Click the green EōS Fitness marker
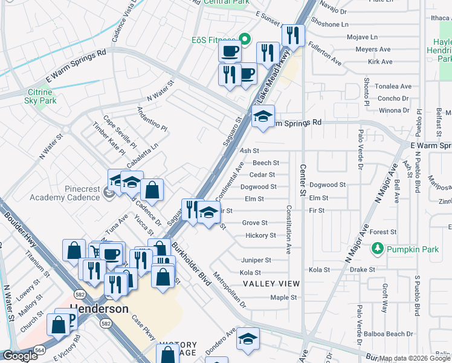coord(245,40)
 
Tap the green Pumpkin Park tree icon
coord(377,248)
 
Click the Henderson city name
coord(99,309)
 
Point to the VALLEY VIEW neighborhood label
coord(271,284)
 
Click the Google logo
coord(20,356)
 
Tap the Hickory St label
coord(260,235)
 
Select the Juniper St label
coord(256,260)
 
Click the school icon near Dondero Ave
coord(248,339)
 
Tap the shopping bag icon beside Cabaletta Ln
coord(153,189)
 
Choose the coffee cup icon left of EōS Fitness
coord(229,53)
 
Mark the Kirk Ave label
coord(380,62)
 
